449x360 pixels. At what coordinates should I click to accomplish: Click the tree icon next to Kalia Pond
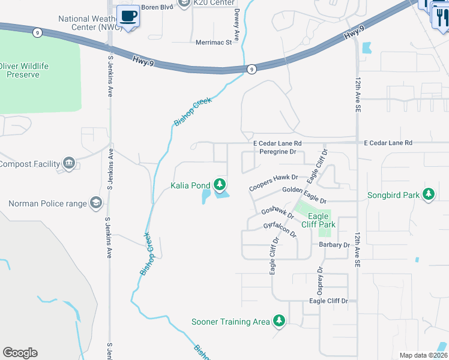pyautogui.click(x=221, y=184)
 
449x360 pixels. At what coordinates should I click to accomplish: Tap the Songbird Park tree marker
pyautogui.click(x=428, y=194)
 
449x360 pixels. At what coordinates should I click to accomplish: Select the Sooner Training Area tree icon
pyautogui.click(x=279, y=321)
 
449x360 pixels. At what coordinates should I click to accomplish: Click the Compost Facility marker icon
pyautogui.click(x=69, y=163)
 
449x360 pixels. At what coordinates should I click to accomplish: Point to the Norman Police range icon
pyautogui.click(x=95, y=203)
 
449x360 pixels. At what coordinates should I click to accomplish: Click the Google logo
pyautogui.click(x=20, y=353)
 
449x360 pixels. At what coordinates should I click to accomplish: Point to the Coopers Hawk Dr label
pyautogui.click(x=274, y=182)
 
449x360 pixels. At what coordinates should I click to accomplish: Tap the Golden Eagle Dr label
pyautogui.click(x=304, y=195)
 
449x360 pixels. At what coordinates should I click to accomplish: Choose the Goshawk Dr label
pyautogui.click(x=277, y=214)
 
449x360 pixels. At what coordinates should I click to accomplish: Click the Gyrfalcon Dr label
pyautogui.click(x=280, y=229)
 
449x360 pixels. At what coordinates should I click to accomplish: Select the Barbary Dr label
pyautogui.click(x=334, y=245)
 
